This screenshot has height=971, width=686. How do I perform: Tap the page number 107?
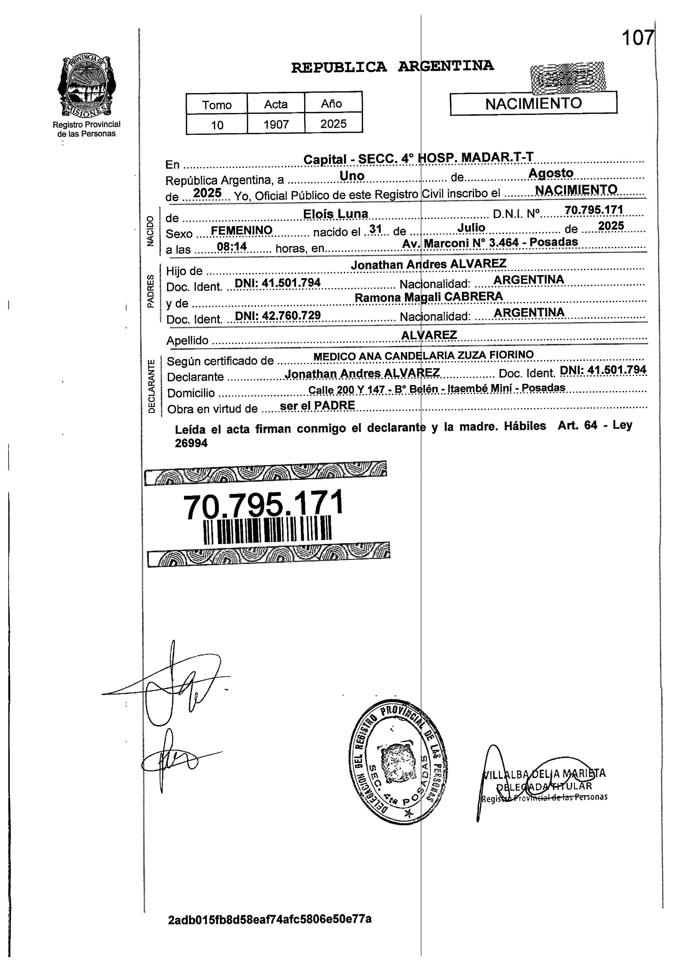[637, 38]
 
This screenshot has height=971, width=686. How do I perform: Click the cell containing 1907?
[276, 124]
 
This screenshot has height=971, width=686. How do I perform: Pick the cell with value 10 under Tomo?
[217, 125]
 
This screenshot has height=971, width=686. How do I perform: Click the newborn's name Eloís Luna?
[336, 214]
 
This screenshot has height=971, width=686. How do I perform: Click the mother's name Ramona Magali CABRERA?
[429, 297]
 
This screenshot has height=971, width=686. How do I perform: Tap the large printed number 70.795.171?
[263, 504]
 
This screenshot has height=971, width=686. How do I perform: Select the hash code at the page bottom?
[270, 919]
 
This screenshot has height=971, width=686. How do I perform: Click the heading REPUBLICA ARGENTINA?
[392, 67]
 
